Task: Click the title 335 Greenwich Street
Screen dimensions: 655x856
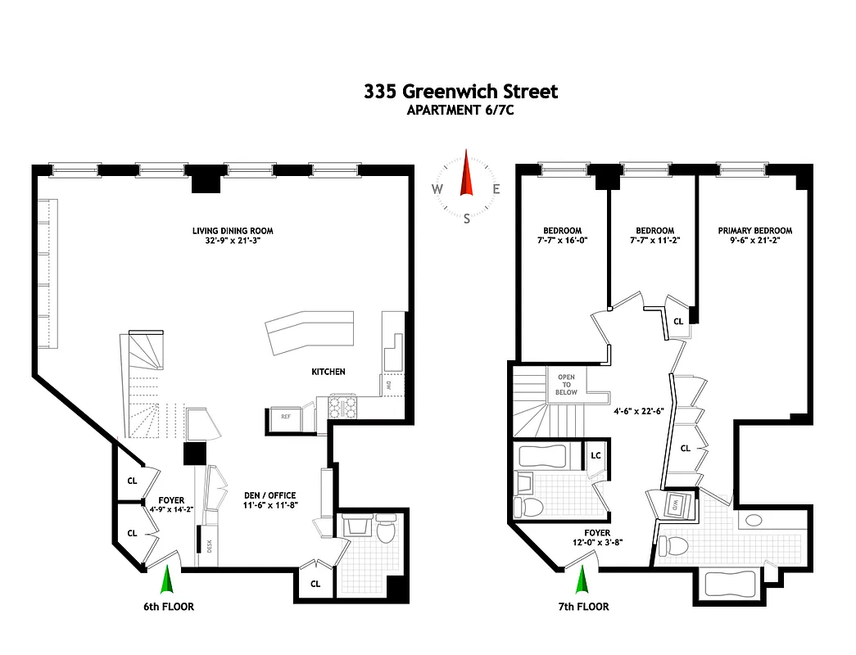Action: click(x=460, y=91)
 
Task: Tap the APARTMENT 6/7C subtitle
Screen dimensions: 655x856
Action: click(x=460, y=111)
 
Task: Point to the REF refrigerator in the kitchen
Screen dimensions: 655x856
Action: click(x=286, y=417)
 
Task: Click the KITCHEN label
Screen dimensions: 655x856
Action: click(x=328, y=372)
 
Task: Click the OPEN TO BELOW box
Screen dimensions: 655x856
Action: click(x=567, y=385)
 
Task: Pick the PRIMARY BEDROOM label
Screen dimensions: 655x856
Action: click(x=755, y=231)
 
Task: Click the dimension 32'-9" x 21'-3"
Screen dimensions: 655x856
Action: click(x=226, y=242)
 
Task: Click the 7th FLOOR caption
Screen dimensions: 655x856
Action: click(x=582, y=607)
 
